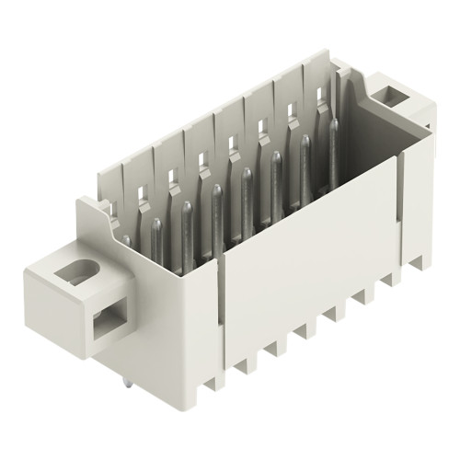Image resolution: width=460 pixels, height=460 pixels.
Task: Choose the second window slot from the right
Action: [292, 114]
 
